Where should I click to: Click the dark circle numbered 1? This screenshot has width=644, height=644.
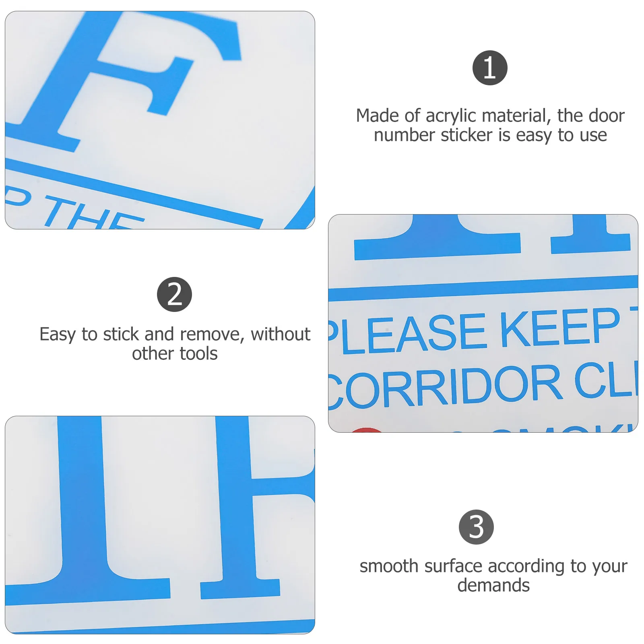click(489, 68)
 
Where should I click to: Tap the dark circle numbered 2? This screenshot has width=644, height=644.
click(174, 294)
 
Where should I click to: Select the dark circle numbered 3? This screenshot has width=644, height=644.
click(476, 527)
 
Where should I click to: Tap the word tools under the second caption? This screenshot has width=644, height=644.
click(198, 354)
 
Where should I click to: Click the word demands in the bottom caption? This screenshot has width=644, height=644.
click(493, 585)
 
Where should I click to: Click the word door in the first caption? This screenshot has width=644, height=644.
click(606, 116)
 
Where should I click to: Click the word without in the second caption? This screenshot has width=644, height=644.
click(280, 334)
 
